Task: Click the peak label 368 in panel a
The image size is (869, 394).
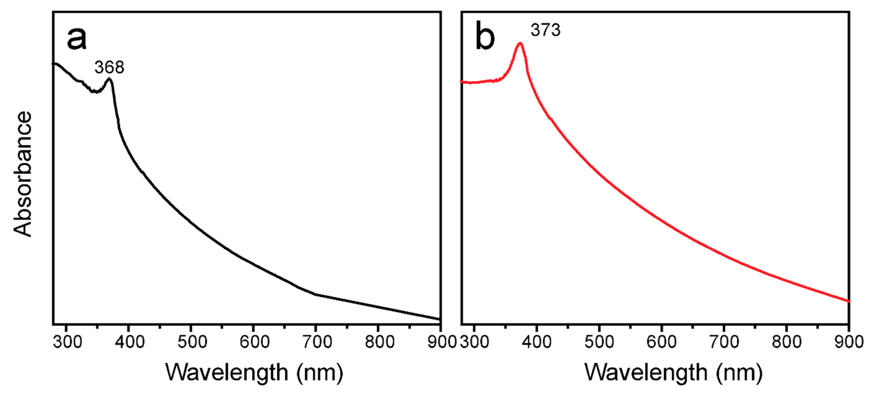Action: [x=109, y=67]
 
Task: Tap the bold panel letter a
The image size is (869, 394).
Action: [x=77, y=38]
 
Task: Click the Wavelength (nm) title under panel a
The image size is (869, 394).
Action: [x=254, y=373]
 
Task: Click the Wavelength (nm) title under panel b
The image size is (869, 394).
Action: [x=673, y=373]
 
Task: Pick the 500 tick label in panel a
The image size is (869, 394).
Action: [x=192, y=342]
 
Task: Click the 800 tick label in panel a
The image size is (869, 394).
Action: [x=379, y=342]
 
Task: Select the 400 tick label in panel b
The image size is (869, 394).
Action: [x=536, y=342]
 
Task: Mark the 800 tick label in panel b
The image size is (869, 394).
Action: [x=786, y=342]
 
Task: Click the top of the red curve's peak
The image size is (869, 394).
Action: [x=520, y=43]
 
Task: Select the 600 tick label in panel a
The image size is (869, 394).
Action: [x=254, y=342]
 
